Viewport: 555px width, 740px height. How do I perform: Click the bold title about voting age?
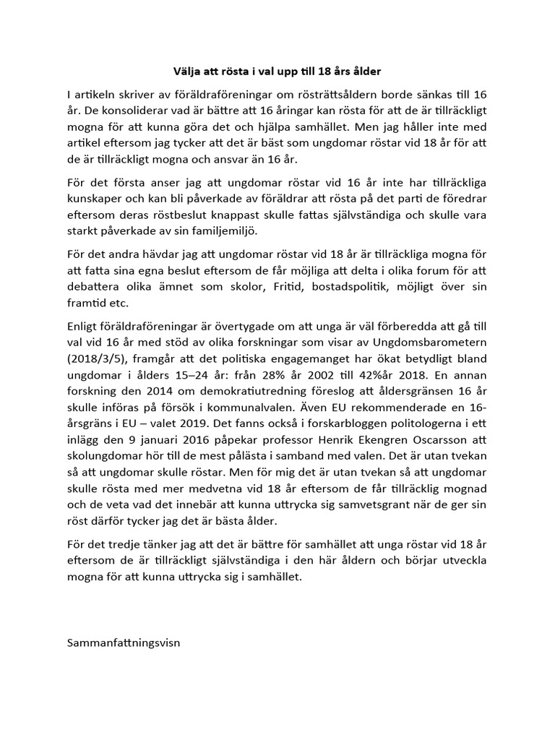pyautogui.click(x=277, y=72)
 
